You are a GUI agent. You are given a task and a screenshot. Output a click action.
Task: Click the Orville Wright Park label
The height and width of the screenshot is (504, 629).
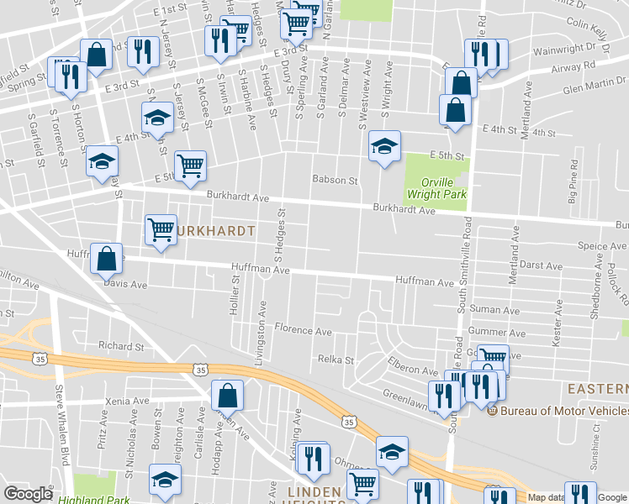tap(436, 186)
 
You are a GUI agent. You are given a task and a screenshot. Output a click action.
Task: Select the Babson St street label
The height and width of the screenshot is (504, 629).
tap(336, 180)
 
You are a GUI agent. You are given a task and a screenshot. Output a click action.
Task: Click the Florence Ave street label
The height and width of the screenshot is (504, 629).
tap(304, 330)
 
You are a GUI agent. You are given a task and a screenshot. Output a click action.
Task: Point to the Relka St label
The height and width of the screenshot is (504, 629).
tap(336, 359)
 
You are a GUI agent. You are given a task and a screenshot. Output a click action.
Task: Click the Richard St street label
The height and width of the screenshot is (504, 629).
tap(121, 345)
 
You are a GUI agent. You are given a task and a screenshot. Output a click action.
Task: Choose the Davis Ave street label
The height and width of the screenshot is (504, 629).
tap(124, 285)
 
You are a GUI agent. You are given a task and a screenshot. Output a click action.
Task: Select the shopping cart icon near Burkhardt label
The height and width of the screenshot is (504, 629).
tap(161, 229)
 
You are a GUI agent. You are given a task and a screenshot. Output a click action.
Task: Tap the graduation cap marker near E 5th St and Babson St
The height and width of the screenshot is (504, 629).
tap(384, 146)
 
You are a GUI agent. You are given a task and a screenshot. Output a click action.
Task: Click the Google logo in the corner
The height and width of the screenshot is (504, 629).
tap(29, 494)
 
